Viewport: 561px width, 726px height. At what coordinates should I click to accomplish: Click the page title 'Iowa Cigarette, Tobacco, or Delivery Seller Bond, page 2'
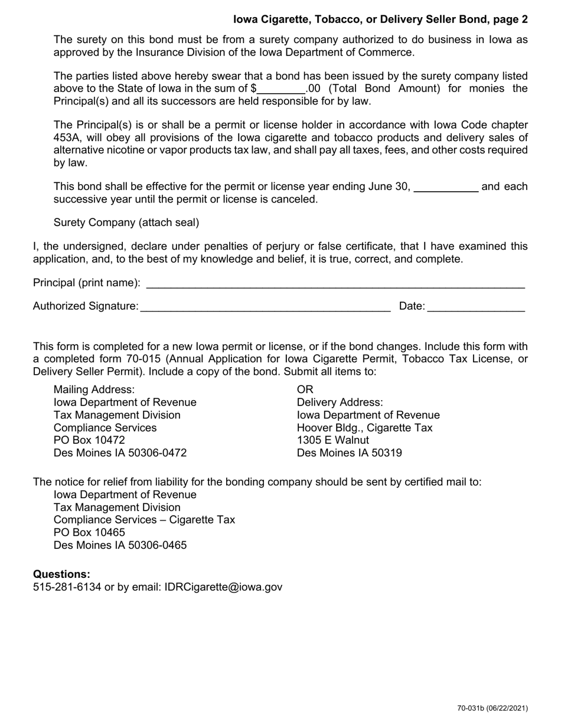[x=380, y=19]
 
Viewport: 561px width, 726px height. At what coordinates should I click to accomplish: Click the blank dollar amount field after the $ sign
[x=281, y=90]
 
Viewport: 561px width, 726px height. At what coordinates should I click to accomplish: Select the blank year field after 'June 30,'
[x=446, y=188]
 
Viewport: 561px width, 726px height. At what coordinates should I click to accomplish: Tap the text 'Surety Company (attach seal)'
[x=126, y=223]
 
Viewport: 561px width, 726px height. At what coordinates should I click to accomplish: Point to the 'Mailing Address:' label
[x=94, y=390]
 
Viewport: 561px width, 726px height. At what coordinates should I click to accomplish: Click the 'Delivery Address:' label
[x=340, y=402]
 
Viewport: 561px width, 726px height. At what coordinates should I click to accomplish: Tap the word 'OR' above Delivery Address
[x=305, y=390]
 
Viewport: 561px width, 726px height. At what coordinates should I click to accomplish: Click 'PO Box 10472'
[x=89, y=440]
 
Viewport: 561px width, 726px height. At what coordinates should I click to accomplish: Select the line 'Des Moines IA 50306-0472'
[x=120, y=453]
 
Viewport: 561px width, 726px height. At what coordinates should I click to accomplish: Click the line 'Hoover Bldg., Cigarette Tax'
[x=364, y=428]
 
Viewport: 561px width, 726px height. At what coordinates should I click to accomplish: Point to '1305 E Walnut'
[x=332, y=440]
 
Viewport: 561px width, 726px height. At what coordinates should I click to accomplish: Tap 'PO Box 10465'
[x=89, y=532]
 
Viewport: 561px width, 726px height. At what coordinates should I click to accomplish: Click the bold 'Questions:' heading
[x=61, y=574]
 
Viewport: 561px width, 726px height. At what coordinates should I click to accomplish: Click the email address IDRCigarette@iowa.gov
[x=223, y=587]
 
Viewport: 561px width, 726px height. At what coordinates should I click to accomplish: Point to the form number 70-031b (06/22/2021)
[x=492, y=708]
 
